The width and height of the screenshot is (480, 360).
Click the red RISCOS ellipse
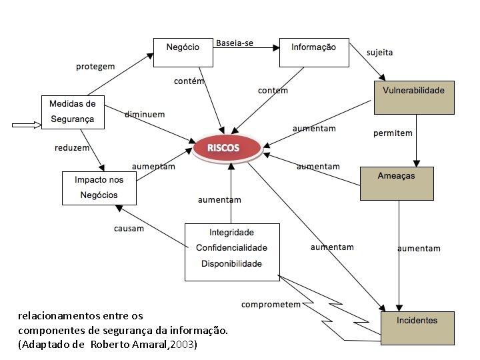point(227,148)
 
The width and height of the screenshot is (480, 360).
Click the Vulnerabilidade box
point(413,97)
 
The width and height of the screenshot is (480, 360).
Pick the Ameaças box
point(396,183)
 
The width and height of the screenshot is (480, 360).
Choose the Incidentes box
point(417,327)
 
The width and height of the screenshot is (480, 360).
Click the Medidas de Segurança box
point(73,112)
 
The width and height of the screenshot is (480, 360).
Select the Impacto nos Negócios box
point(99,188)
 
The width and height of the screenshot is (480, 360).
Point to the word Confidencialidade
point(231,248)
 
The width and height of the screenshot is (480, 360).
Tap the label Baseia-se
point(234,43)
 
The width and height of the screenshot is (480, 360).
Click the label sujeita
point(379,52)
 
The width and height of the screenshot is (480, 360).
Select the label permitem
point(393,133)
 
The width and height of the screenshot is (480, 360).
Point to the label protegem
point(95,67)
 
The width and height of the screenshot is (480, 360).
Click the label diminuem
point(144,115)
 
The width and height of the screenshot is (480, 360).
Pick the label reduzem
point(72,147)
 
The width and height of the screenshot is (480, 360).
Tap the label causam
point(129,229)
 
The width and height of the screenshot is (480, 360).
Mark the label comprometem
point(271,305)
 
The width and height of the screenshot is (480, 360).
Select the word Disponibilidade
point(231,263)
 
